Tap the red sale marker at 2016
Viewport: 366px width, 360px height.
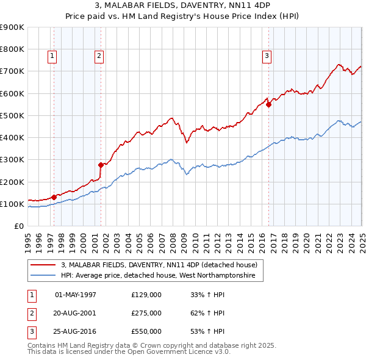tap(269, 104)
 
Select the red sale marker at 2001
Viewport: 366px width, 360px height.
tap(101, 165)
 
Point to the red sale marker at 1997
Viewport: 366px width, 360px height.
tap(54, 197)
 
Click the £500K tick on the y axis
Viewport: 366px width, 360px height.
tap(12, 115)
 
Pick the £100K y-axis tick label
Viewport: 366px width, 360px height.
tap(12, 204)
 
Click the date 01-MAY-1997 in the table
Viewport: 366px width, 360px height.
tap(76, 295)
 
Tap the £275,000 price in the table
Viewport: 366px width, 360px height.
tap(146, 313)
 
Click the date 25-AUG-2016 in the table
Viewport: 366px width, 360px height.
tap(76, 331)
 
